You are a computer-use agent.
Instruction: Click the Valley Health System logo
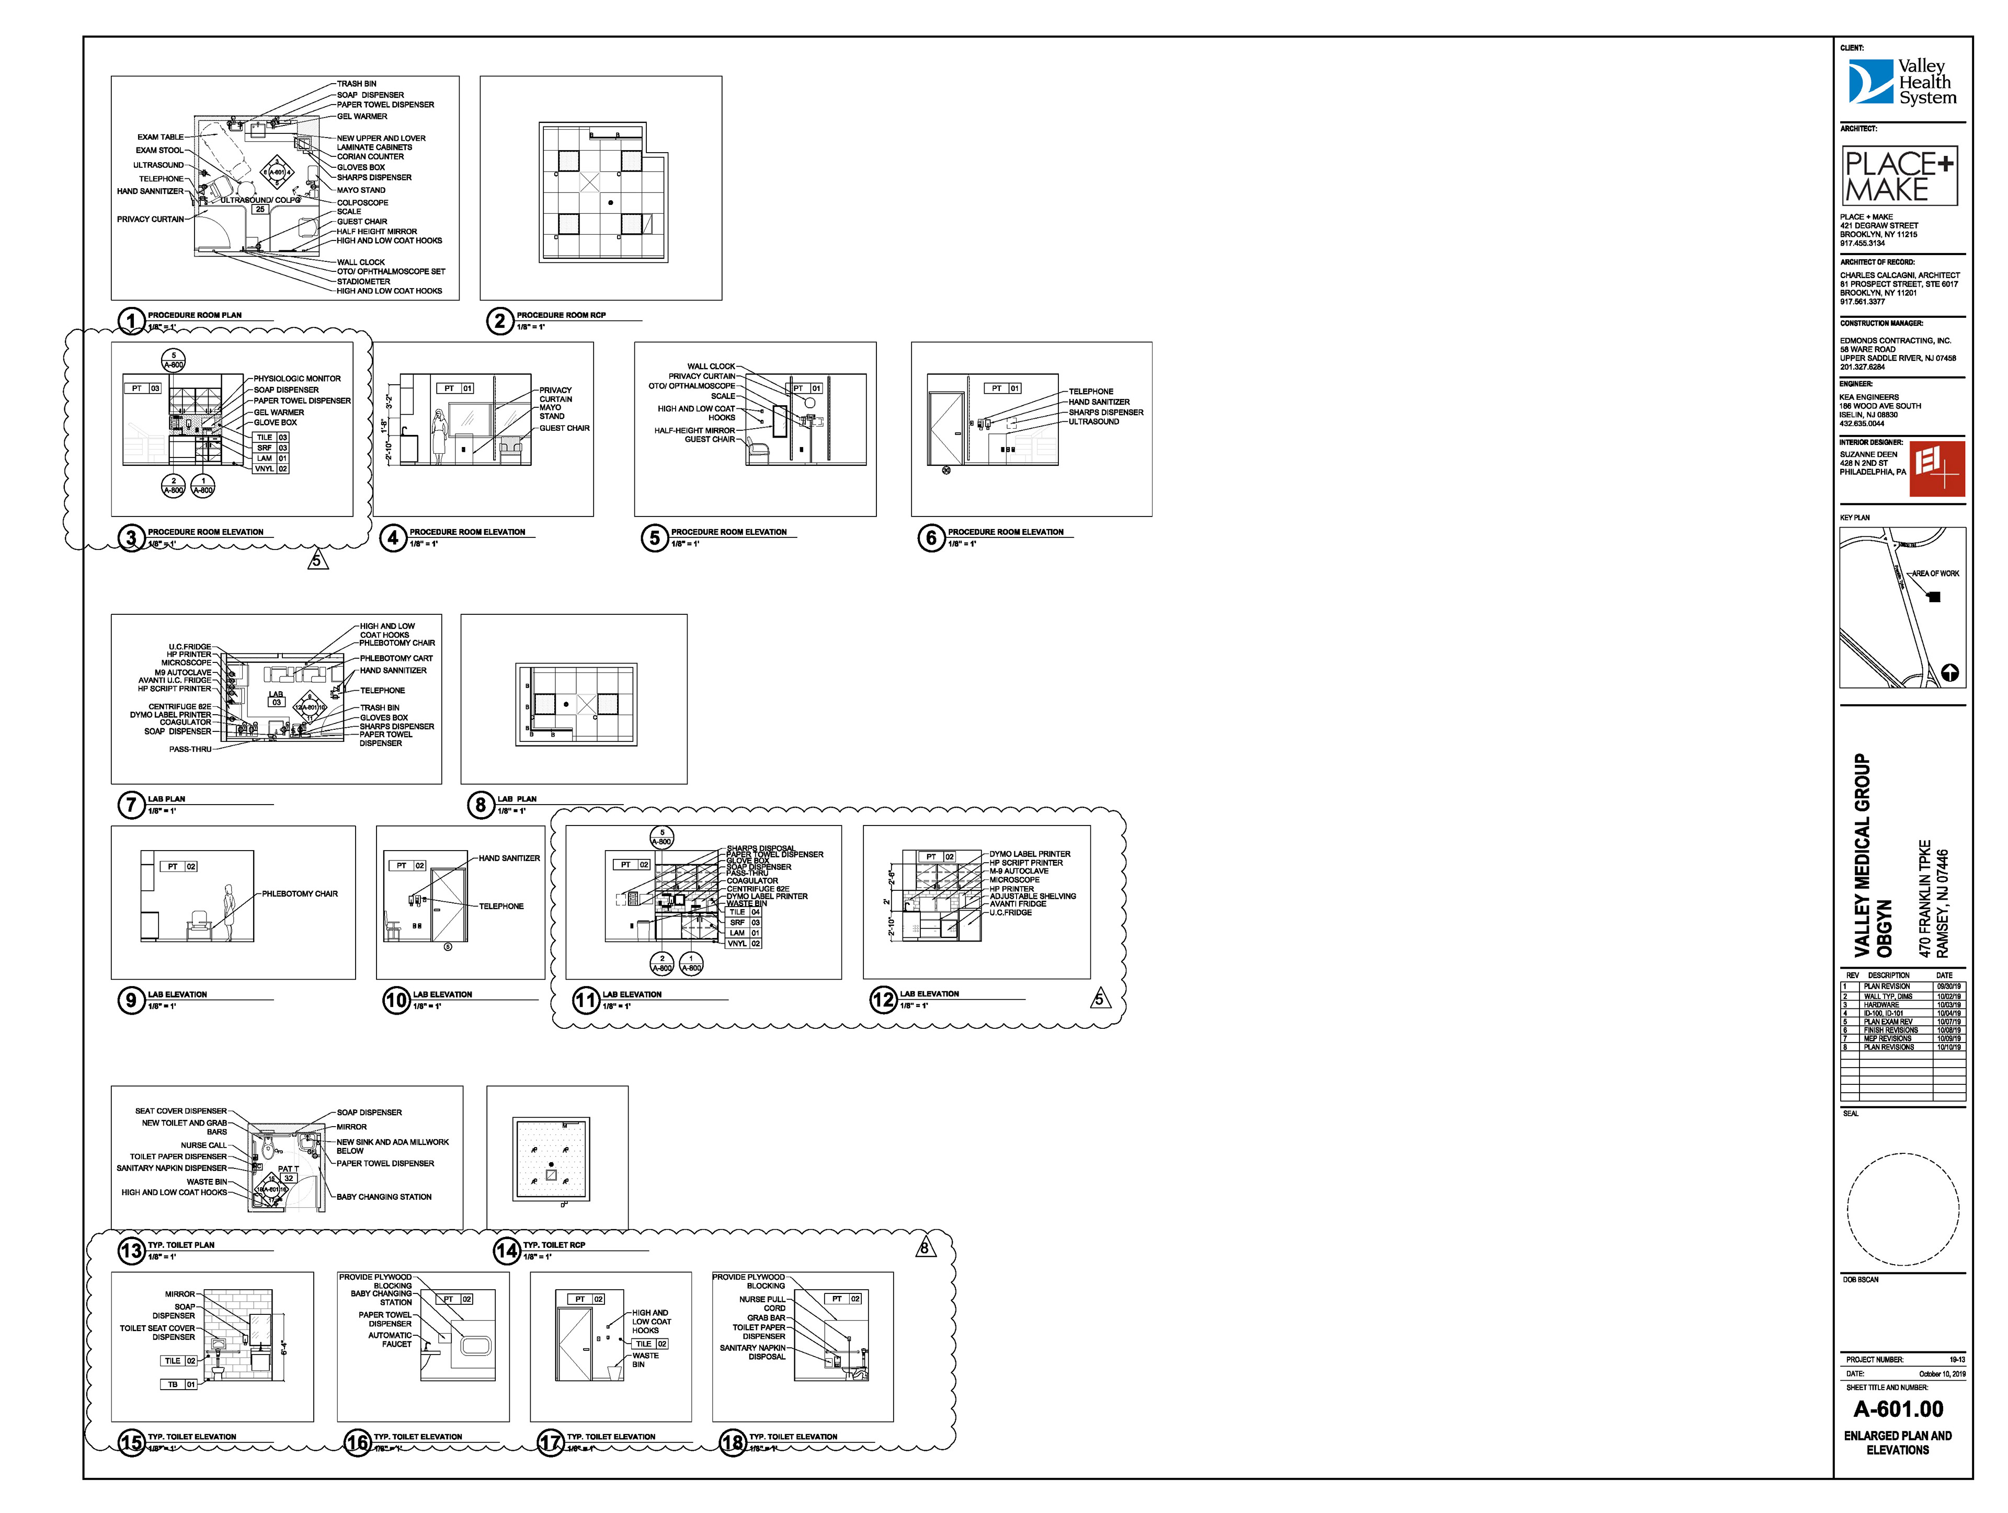click(x=1902, y=82)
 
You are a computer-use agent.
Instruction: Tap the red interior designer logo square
click(x=1937, y=469)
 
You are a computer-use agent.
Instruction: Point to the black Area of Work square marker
click(x=1934, y=597)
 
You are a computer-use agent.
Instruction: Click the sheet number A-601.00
click(x=1898, y=1408)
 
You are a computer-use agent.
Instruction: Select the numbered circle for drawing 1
click(x=132, y=320)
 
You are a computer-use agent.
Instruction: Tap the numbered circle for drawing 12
click(x=883, y=1000)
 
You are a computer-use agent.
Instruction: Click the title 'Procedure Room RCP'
click(x=561, y=315)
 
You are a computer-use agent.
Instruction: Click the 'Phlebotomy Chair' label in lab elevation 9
click(x=300, y=894)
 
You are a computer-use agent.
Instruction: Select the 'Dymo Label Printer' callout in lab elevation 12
click(x=1030, y=854)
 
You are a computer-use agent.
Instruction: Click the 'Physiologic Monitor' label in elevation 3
click(x=297, y=379)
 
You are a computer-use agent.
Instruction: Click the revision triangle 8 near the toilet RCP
click(x=924, y=1248)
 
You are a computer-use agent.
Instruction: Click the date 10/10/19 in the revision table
click(x=1948, y=1047)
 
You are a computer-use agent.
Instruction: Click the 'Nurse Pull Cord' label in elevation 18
click(x=762, y=1303)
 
